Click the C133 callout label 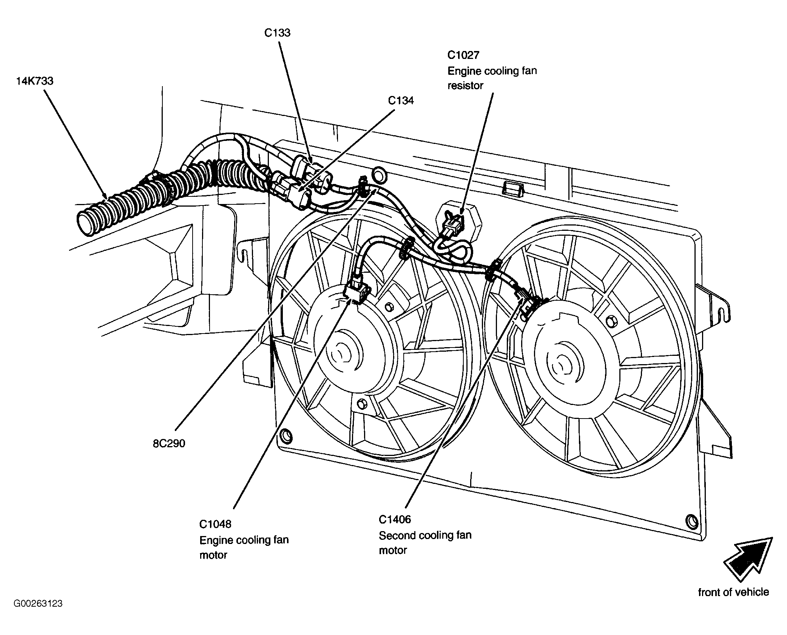pos(277,33)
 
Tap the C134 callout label pos(401,100)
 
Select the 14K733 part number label pos(34,81)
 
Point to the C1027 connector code pos(463,55)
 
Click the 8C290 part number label pos(169,443)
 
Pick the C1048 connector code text pos(215,524)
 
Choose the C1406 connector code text pos(395,519)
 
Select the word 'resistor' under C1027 pos(465,86)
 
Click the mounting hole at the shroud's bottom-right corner pos(691,521)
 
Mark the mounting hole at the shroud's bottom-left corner pos(286,436)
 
